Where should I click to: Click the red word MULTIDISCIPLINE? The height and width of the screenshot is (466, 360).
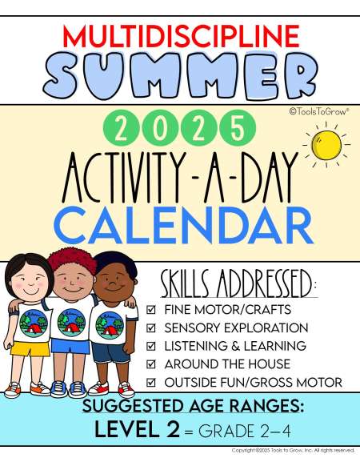coord(181,36)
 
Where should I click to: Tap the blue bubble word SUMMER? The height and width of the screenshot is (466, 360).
coord(181,76)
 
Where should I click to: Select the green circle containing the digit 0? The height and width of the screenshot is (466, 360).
coord(159,128)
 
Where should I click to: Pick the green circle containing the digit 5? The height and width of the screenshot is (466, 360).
coord(238,128)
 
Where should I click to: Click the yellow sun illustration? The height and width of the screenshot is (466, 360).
coord(326,145)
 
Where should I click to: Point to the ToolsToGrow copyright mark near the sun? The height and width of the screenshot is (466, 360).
coord(319,111)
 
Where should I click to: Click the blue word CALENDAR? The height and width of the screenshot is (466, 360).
coord(183,225)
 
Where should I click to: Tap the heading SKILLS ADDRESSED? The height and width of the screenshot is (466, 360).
coord(238,284)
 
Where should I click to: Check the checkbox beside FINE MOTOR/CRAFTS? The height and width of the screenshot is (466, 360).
coord(151,310)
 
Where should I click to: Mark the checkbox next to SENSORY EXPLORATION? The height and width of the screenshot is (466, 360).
coord(151,327)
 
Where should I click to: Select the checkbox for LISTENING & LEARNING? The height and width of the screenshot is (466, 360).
coord(151,346)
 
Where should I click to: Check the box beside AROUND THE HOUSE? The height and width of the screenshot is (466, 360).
coord(151,364)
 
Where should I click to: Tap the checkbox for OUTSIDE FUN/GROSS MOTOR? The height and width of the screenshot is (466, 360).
coord(151,382)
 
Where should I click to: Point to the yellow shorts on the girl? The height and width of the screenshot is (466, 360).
coord(30,348)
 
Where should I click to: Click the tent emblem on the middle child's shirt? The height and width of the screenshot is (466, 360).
coord(71,323)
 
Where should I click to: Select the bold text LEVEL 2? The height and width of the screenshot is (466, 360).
coord(137,429)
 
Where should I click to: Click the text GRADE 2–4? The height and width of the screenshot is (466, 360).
coord(244,432)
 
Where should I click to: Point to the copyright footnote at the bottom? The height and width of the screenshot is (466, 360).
coord(293,450)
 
